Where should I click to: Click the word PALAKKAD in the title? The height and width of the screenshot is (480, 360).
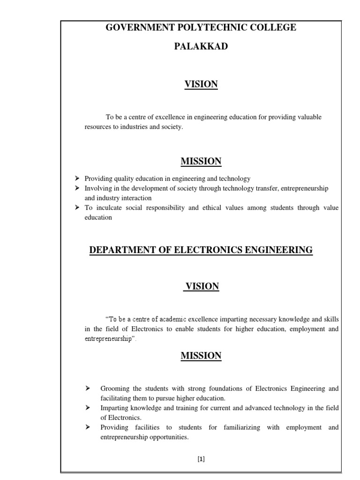tap(201, 46)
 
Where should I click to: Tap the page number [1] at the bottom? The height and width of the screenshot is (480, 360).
tap(201, 459)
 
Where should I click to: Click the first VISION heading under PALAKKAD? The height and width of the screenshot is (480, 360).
tap(201, 84)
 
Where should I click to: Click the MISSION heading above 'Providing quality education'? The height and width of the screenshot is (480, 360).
tap(201, 162)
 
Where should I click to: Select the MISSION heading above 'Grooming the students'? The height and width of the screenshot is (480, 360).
tap(201, 356)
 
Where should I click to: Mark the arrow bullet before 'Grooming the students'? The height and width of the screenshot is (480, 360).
tap(88, 389)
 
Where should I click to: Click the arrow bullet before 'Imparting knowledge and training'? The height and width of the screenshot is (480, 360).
tap(88, 408)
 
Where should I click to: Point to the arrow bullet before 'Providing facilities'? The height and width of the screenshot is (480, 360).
tap(88, 427)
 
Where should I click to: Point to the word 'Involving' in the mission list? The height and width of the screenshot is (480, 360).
tap(97, 188)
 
